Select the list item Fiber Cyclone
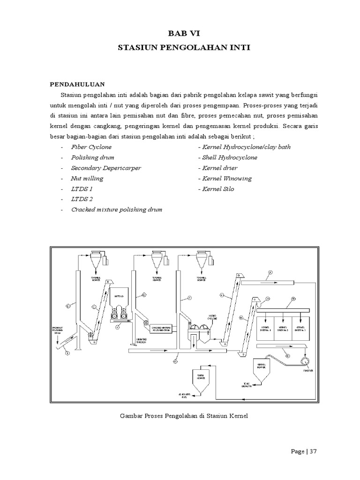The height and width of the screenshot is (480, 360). pyautogui.click(x=91, y=147)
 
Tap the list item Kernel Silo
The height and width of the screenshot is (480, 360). pyautogui.click(x=217, y=189)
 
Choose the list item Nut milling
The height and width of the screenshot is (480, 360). pyautogui.click(x=87, y=179)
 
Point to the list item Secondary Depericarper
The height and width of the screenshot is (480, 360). pyautogui.click(x=106, y=168)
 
